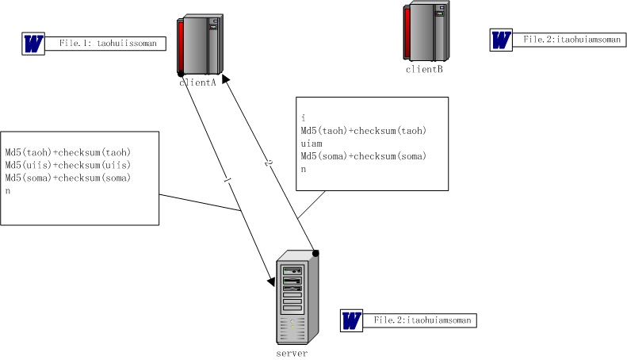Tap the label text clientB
pyautogui.click(x=424, y=69)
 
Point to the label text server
pyautogui.click(x=292, y=353)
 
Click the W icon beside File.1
pyautogui.click(x=33, y=44)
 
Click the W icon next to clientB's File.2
pyautogui.click(x=501, y=40)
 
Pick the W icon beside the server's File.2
pyautogui.click(x=351, y=320)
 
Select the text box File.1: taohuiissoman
pyautogui.click(x=110, y=44)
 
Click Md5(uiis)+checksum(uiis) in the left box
pyautogui.click(x=67, y=165)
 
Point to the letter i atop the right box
pyautogui.click(x=303, y=117)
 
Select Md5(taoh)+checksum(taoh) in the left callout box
pyautogui.click(x=67, y=152)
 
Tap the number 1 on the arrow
pyautogui.click(x=228, y=182)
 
